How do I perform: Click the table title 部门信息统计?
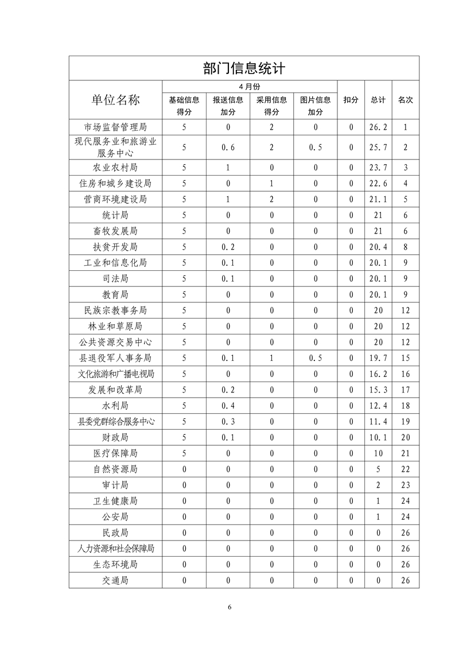click(x=244, y=69)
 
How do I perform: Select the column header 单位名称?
click(x=115, y=100)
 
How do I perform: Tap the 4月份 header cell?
click(x=249, y=86)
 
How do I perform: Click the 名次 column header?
click(x=405, y=100)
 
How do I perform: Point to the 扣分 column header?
click(x=351, y=100)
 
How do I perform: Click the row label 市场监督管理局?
click(x=115, y=127)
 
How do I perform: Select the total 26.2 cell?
click(x=378, y=127)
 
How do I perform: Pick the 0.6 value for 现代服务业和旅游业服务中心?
click(x=228, y=147)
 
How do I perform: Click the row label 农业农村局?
click(x=115, y=168)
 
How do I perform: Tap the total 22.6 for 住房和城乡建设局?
click(x=378, y=184)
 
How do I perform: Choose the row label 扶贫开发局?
click(x=115, y=247)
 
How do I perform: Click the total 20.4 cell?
click(x=378, y=247)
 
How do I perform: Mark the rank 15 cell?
click(x=405, y=358)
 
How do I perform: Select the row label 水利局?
click(x=115, y=406)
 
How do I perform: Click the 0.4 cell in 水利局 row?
click(x=228, y=406)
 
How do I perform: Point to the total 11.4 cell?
click(x=378, y=422)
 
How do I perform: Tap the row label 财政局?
click(x=115, y=437)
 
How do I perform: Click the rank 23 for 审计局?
click(x=405, y=485)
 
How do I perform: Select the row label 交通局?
click(x=115, y=580)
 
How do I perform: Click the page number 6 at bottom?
click(x=229, y=607)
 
